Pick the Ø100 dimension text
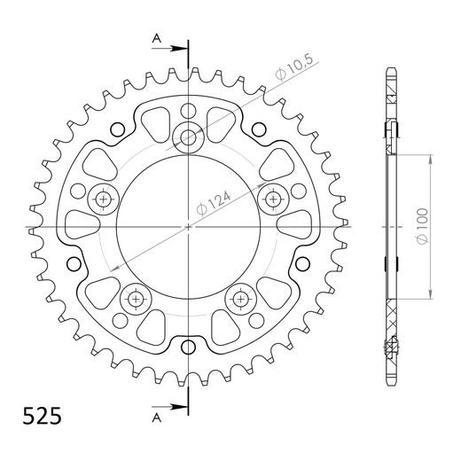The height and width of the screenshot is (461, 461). (x=424, y=228)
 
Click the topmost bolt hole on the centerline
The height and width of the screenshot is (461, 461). (x=189, y=136)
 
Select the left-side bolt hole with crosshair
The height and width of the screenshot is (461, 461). (x=105, y=199)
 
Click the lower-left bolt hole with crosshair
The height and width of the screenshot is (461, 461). (x=137, y=298)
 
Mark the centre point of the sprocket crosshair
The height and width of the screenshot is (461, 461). (x=189, y=227)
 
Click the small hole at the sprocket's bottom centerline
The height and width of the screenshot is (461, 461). (x=189, y=348)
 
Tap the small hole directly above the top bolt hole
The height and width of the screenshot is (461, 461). (x=189, y=110)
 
